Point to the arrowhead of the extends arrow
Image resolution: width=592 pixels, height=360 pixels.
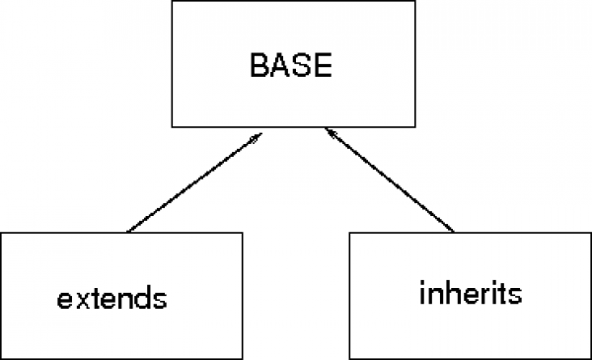259,136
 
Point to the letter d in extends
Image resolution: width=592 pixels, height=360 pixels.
147,295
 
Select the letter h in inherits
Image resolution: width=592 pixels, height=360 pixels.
439,293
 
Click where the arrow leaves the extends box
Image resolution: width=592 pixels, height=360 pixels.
128,232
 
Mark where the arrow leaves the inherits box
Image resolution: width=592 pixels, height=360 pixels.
454,232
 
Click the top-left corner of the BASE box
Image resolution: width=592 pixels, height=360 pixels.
175,2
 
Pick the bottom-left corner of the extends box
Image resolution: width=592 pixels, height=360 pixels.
1,358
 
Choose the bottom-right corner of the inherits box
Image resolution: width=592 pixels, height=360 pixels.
590,357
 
